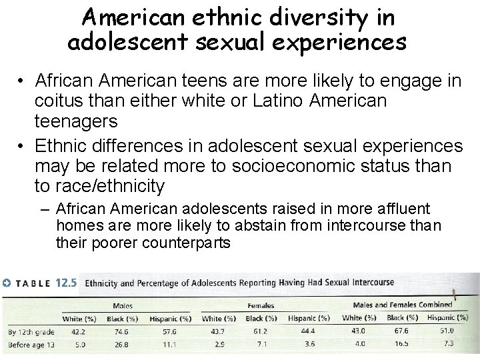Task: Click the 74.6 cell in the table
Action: [x=122, y=331]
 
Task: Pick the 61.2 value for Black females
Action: [x=261, y=331]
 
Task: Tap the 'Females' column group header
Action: [x=262, y=305]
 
